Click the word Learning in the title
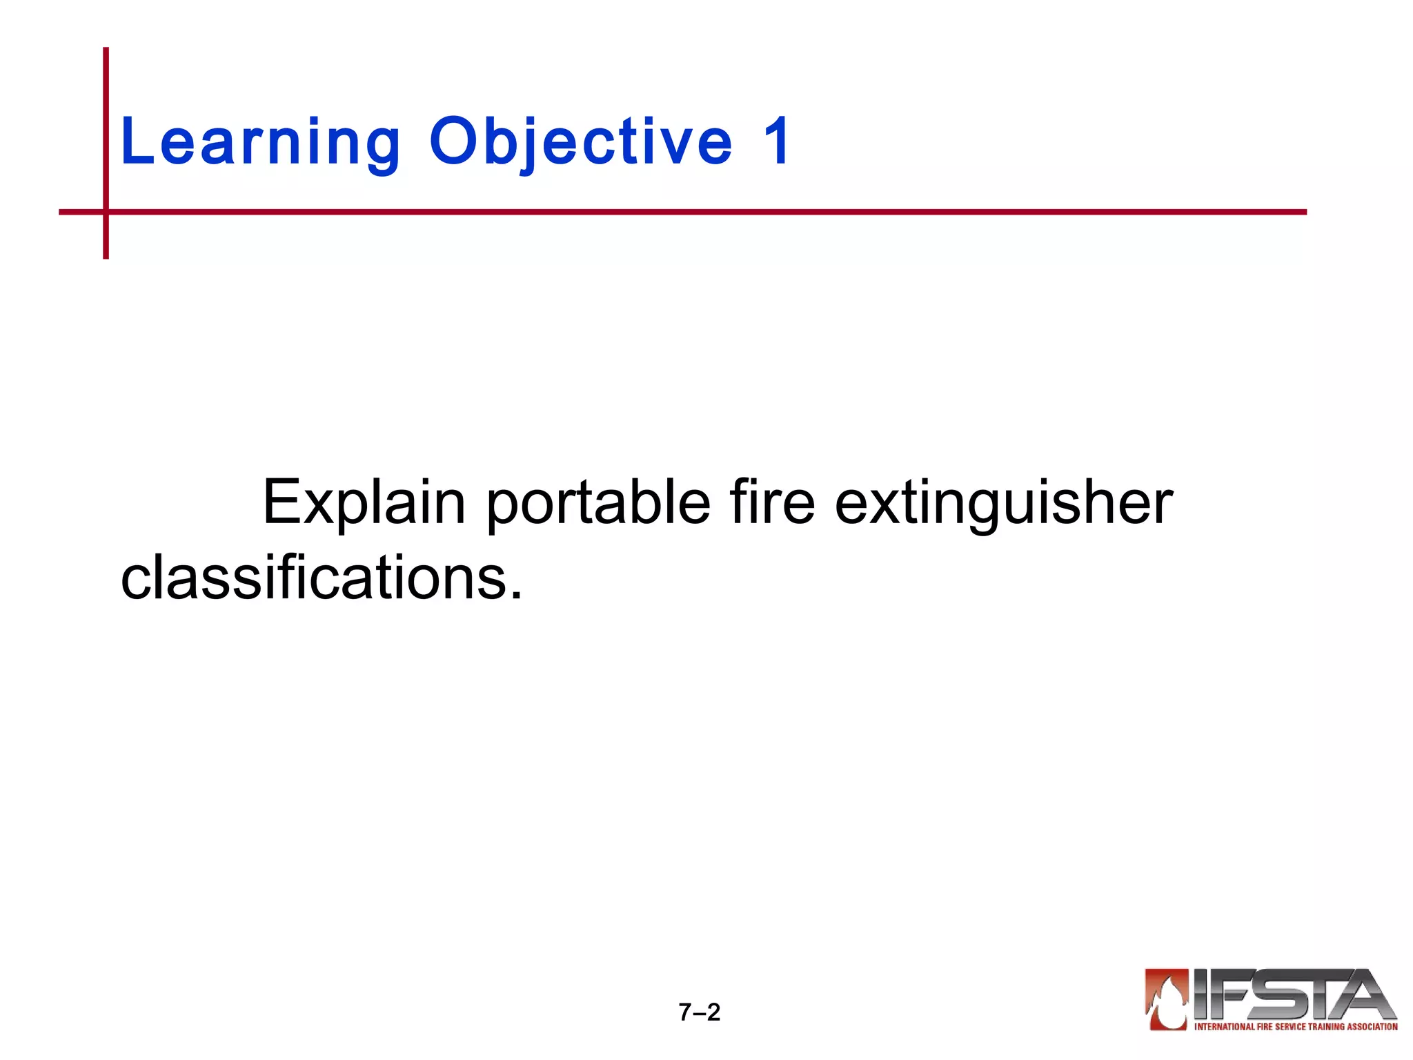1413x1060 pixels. [x=260, y=143]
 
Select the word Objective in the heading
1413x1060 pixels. [x=580, y=143]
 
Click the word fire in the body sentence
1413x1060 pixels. [x=772, y=502]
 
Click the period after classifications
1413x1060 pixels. [x=516, y=595]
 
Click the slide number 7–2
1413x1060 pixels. [x=699, y=1012]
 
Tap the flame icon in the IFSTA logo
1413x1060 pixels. [x=1167, y=999]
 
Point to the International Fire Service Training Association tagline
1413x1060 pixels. [x=1296, y=1027]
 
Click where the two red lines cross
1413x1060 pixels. [x=106, y=212]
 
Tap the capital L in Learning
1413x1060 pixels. [x=135, y=141]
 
